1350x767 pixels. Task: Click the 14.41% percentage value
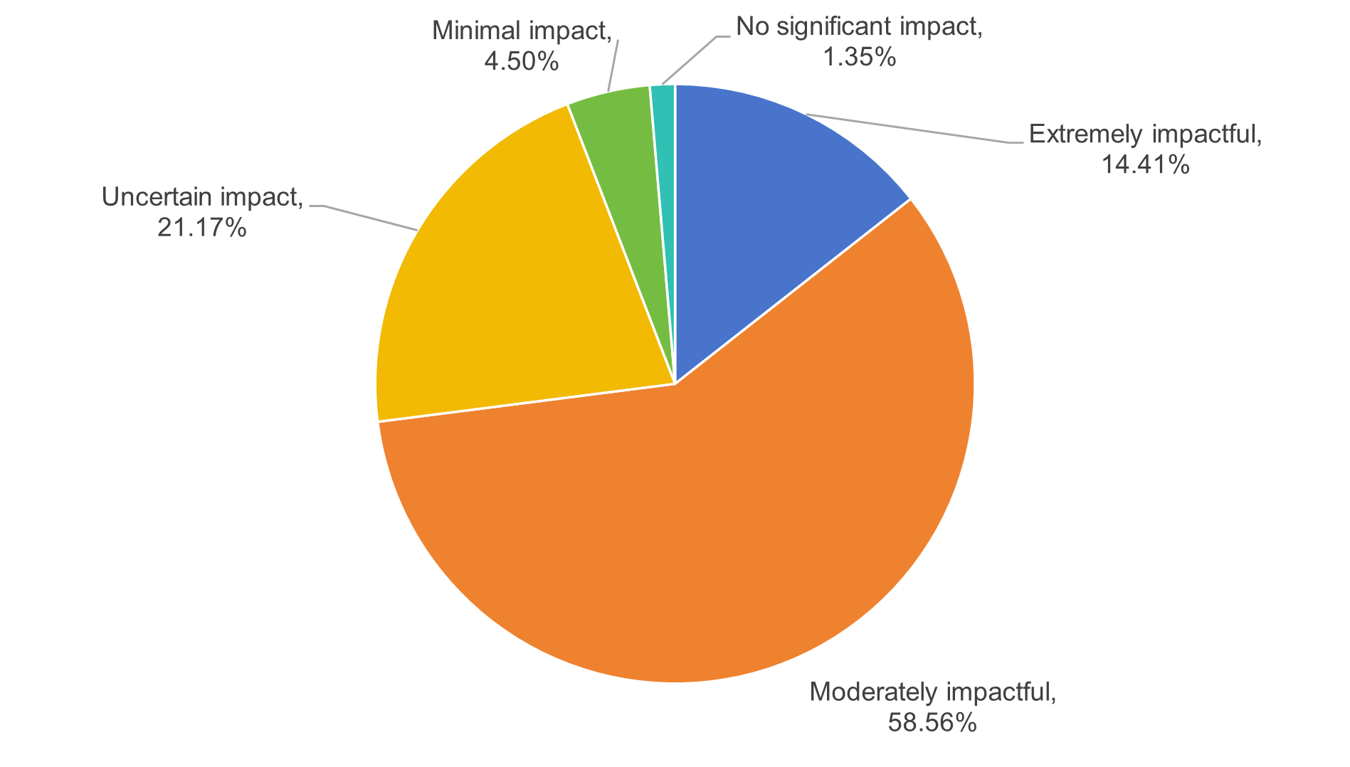1145,165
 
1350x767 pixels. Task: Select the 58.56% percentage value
932,723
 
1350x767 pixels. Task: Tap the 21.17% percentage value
201,228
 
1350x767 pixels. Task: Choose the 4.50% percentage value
521,61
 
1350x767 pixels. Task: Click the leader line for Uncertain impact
370,218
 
